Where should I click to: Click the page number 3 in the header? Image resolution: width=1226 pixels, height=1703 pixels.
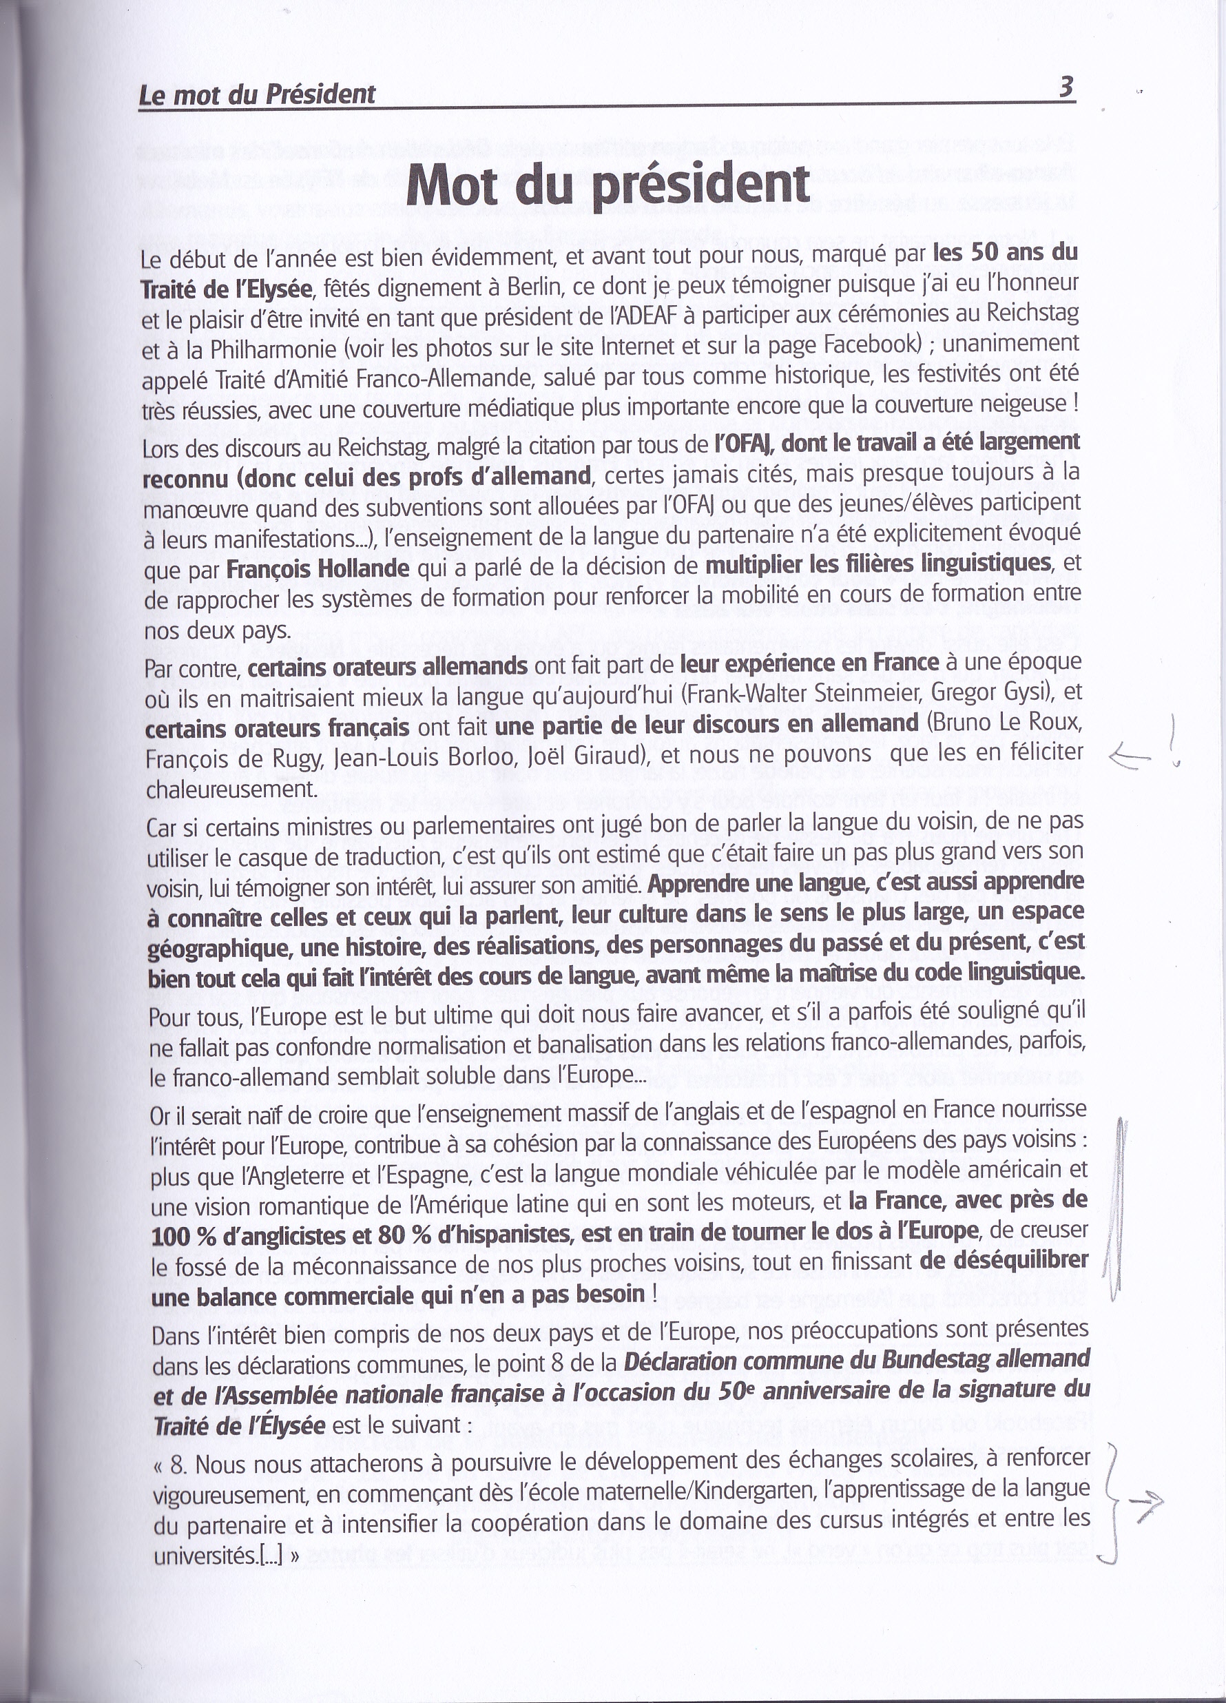[x=1066, y=90]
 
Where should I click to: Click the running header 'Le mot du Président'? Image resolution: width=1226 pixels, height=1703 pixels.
[x=257, y=94]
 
